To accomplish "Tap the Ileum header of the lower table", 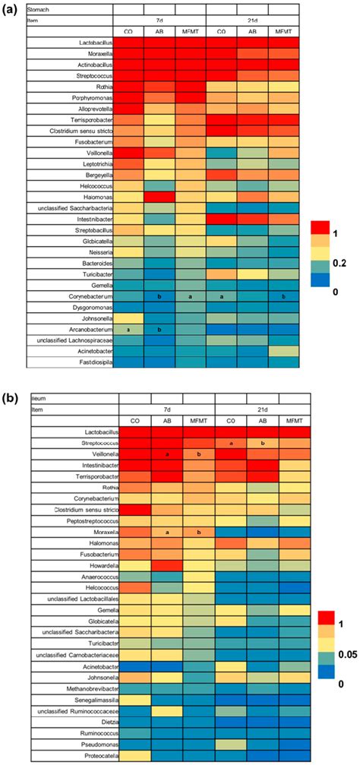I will click(39, 397).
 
